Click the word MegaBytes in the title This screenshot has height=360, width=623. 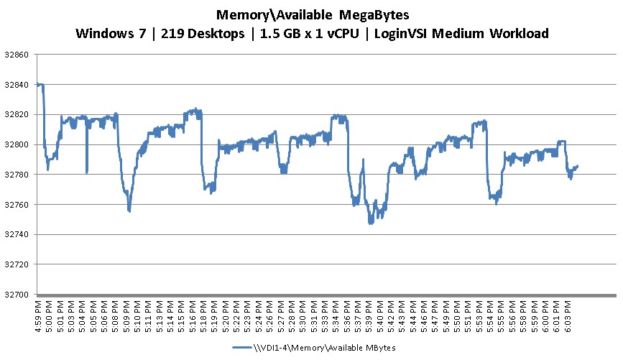coord(371,14)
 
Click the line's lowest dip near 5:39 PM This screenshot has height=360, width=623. coord(371,223)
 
